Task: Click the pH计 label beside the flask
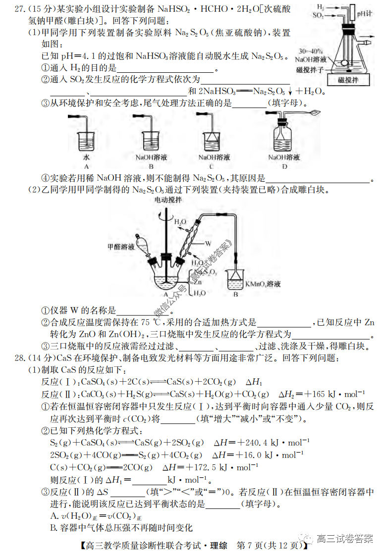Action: [364, 13]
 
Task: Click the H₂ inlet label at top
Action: [321, 7]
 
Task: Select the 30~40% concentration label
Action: [311, 51]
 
